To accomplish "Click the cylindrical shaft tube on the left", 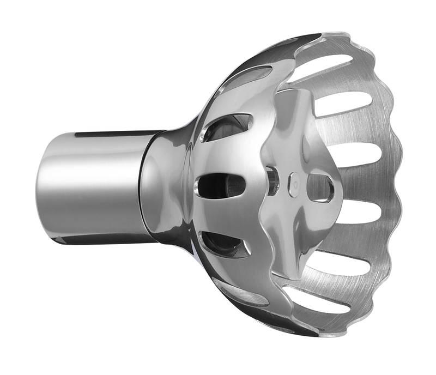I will pos(93,185).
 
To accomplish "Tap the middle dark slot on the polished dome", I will pos(221,185).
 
